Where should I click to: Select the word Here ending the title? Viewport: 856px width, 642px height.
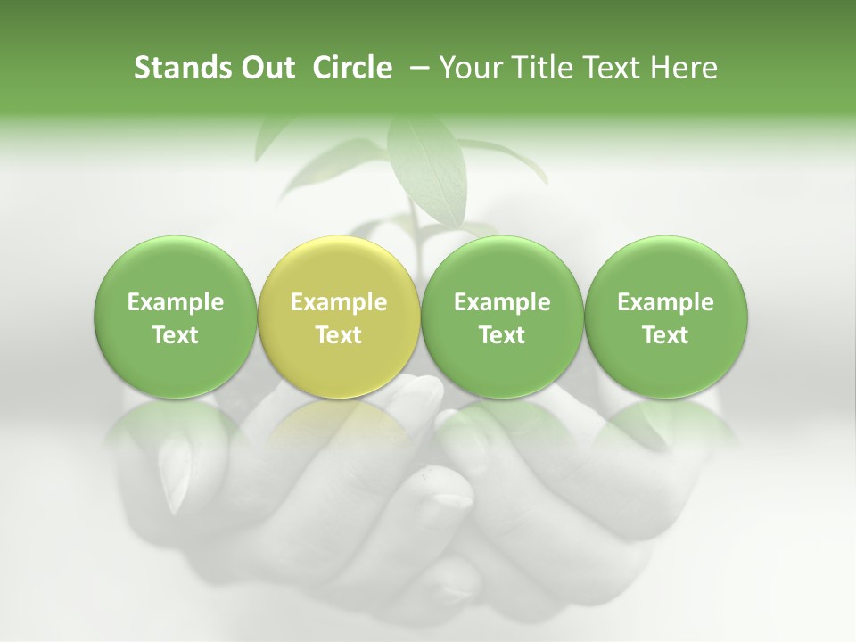684,68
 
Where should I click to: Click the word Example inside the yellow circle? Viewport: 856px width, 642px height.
338,302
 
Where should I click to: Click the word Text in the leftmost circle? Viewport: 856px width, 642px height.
175,335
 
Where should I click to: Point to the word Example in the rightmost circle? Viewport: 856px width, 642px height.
665,302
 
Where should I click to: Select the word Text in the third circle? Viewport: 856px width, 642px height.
502,335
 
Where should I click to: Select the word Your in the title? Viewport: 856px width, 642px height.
471,68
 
